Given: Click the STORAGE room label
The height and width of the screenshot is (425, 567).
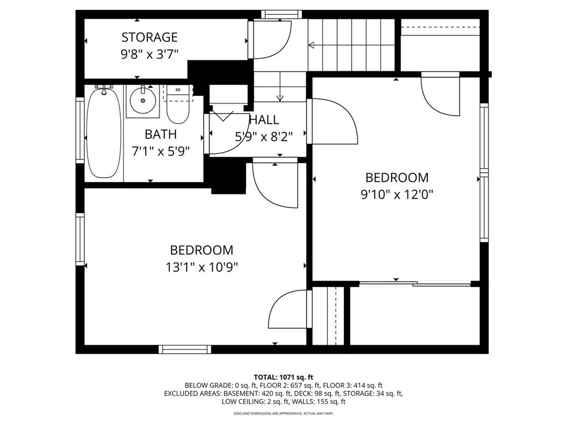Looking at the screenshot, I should pyautogui.click(x=150, y=38).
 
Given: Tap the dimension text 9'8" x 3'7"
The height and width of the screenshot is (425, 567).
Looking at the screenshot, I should pyautogui.click(x=150, y=54).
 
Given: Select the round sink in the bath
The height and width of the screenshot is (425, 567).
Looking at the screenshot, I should pyautogui.click(x=143, y=101).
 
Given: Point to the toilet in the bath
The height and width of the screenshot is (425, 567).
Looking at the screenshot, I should pyautogui.click(x=178, y=107).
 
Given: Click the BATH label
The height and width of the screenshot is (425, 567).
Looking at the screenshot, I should pyautogui.click(x=161, y=134).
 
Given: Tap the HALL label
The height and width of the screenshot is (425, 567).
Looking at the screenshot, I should pyautogui.click(x=264, y=120).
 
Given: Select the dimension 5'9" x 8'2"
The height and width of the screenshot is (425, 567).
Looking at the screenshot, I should pyautogui.click(x=264, y=136).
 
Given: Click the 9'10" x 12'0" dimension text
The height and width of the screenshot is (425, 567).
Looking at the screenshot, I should pyautogui.click(x=396, y=194).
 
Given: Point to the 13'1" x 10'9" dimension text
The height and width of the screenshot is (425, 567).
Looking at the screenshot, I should pyautogui.click(x=202, y=267).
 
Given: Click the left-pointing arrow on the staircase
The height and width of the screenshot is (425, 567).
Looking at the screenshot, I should pyautogui.click(x=312, y=45).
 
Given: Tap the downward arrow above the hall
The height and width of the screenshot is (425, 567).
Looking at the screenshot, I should pyautogui.click(x=280, y=99).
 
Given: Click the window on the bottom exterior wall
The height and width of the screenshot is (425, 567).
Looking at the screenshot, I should pyautogui.click(x=184, y=349).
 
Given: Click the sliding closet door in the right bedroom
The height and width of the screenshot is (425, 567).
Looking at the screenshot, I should pyautogui.click(x=415, y=284).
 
